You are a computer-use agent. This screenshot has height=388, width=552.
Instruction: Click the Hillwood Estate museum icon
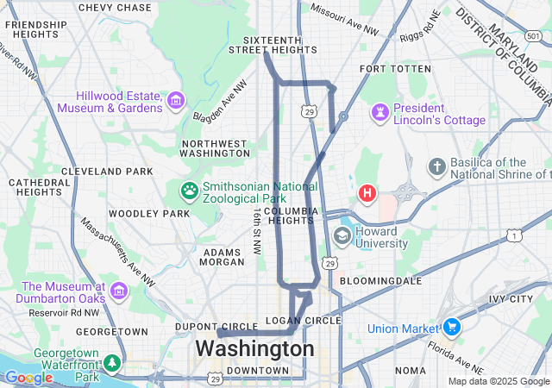176,100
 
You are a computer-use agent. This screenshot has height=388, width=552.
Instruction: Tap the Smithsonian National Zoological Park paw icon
189,189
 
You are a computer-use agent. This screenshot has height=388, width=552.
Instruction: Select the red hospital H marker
368,192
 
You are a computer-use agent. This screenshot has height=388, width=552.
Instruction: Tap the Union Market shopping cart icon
450,328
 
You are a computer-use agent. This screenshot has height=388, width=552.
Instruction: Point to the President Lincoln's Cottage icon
379,112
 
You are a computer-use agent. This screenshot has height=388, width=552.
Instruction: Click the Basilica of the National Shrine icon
437,165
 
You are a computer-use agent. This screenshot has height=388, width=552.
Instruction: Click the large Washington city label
254,349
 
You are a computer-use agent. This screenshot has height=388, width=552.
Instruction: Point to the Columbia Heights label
291,216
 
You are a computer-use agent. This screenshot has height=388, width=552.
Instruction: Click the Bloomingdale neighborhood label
380,281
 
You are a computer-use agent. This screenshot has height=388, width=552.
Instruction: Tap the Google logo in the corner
28,378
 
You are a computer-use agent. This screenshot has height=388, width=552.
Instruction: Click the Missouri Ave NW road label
344,20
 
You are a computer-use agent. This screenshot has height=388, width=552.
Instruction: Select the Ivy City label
511,299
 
